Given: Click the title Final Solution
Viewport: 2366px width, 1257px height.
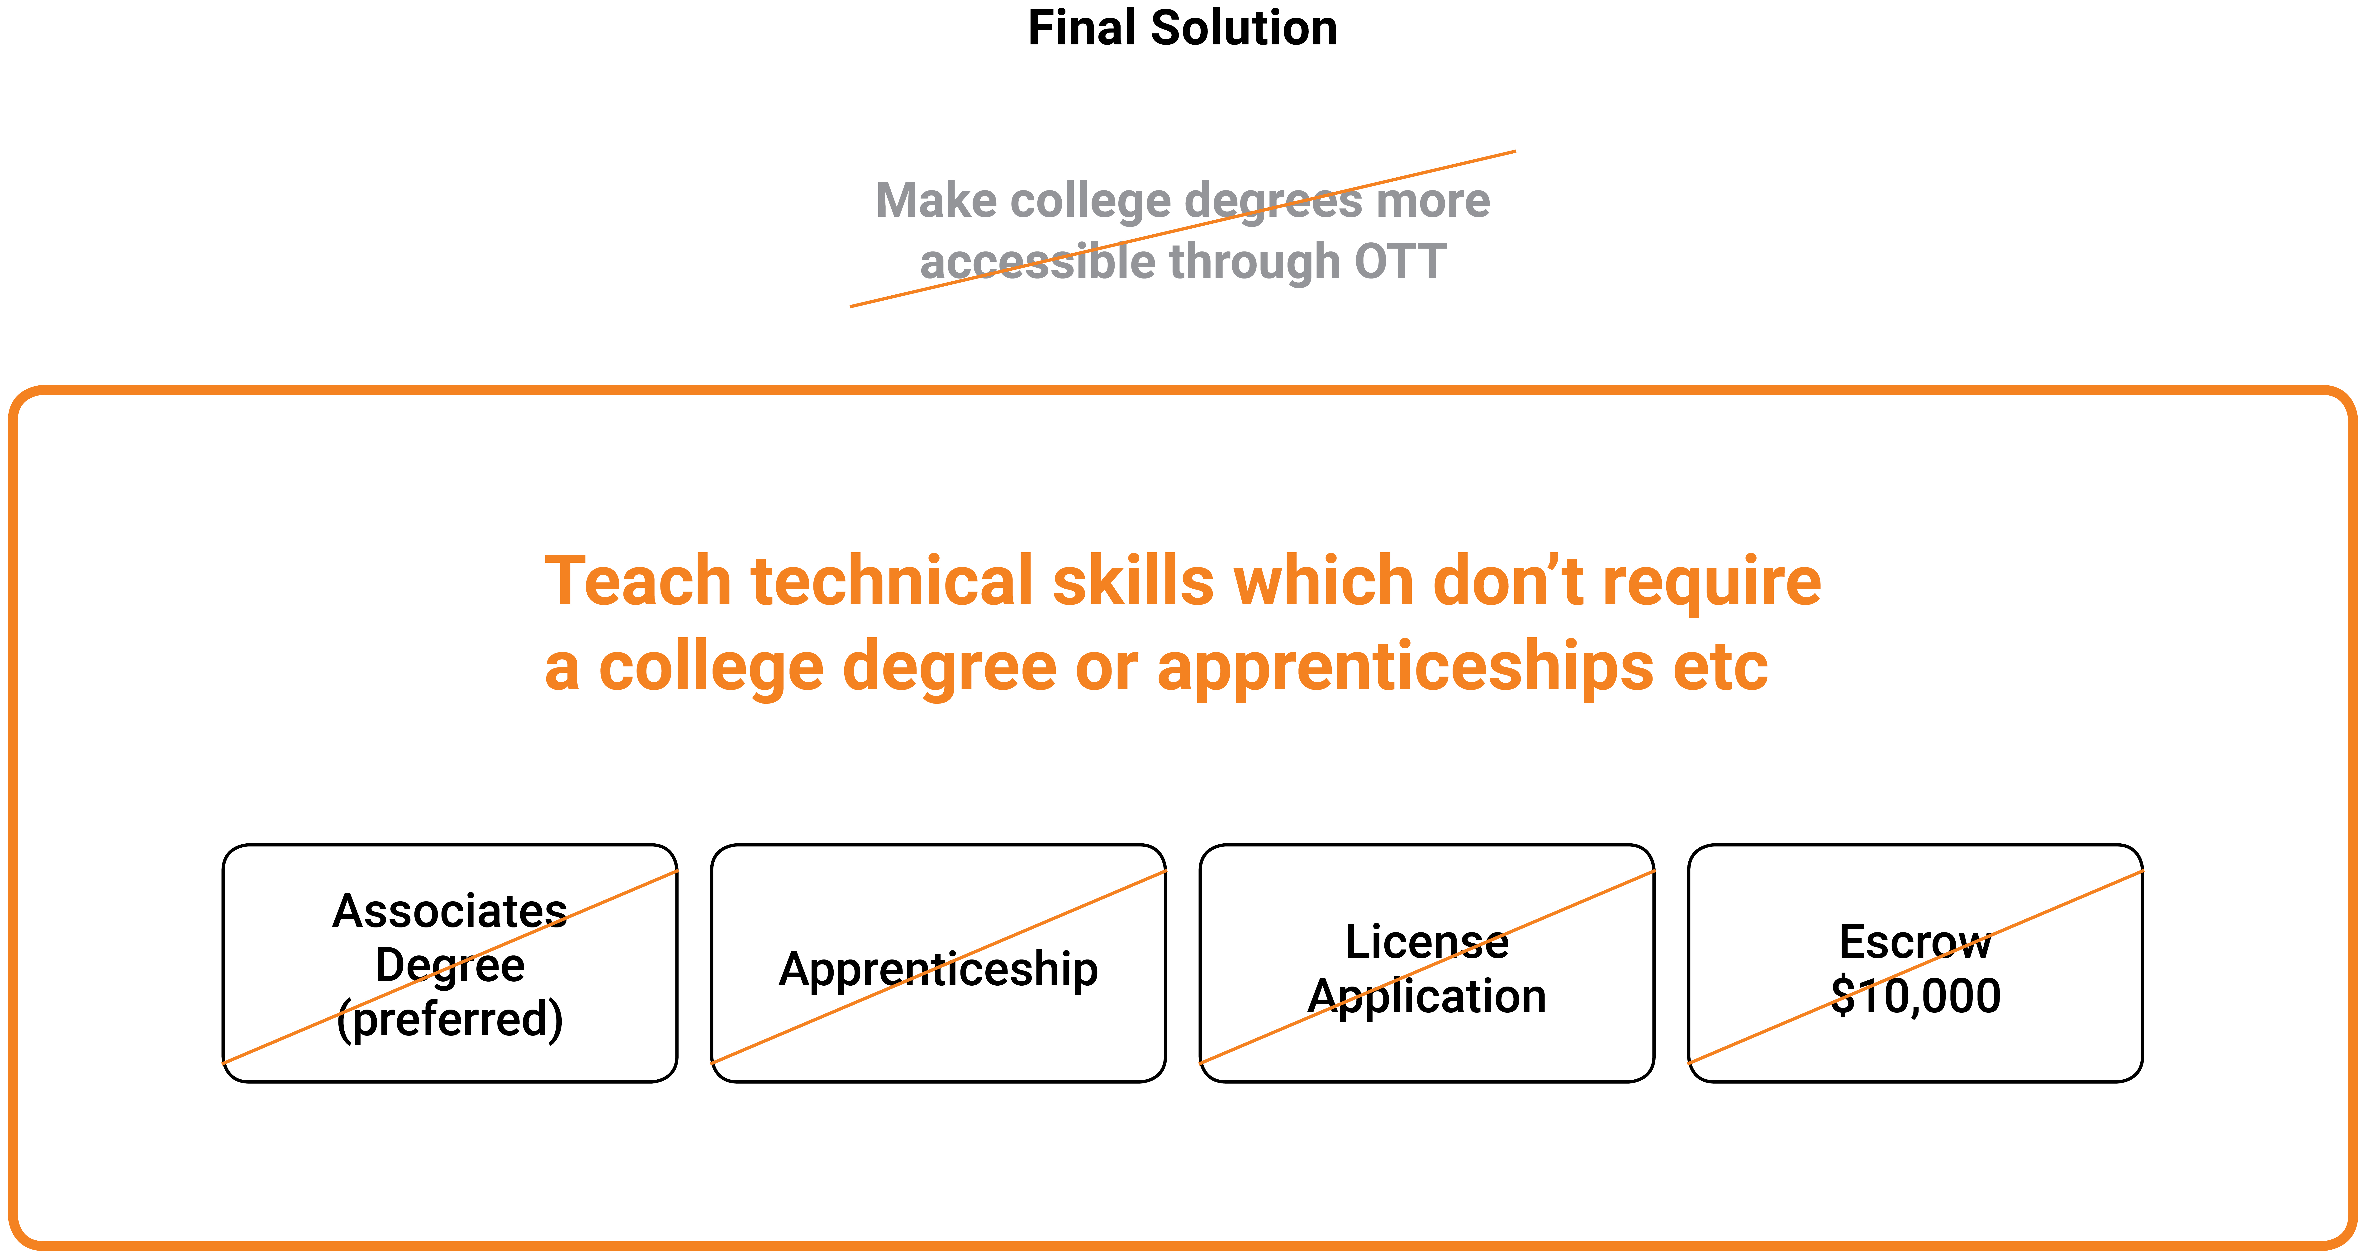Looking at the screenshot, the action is pyautogui.click(x=1182, y=28).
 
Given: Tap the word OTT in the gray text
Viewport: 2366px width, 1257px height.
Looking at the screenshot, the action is pyautogui.click(x=1401, y=262).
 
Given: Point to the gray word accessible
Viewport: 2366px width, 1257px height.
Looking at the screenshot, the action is pyautogui.click(x=1038, y=262).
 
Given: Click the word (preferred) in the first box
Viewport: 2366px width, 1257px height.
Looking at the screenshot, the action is pyautogui.click(x=450, y=1019).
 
